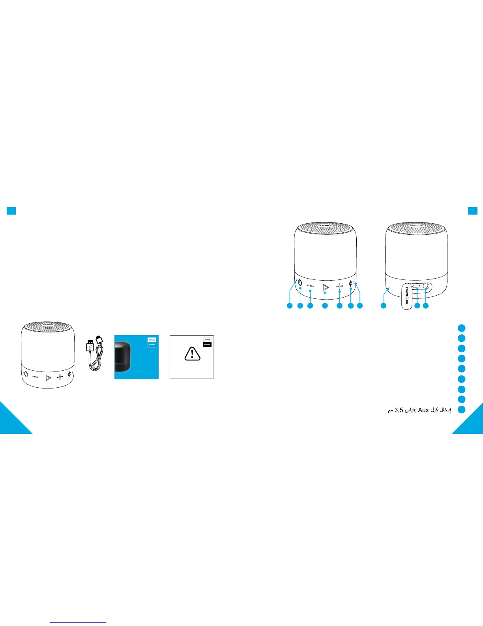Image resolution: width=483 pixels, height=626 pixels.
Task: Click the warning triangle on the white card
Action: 192,353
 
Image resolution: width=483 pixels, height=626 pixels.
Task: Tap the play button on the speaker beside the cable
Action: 48,378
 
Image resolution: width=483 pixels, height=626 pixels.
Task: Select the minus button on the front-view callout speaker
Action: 311,286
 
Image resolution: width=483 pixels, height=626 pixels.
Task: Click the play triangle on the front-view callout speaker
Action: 326,287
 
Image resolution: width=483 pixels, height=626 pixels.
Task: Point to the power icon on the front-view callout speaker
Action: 300,283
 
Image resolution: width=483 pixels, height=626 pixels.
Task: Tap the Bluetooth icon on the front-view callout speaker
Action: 351,283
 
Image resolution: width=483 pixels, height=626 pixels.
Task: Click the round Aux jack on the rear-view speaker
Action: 426,287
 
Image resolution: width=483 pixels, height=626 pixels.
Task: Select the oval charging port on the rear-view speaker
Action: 417,288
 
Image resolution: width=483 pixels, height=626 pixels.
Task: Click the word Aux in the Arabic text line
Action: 423,410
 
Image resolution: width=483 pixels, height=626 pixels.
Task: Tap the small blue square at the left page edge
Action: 11,211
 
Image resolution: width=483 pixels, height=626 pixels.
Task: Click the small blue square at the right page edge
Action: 472,211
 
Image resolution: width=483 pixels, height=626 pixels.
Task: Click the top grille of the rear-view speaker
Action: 416,230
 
